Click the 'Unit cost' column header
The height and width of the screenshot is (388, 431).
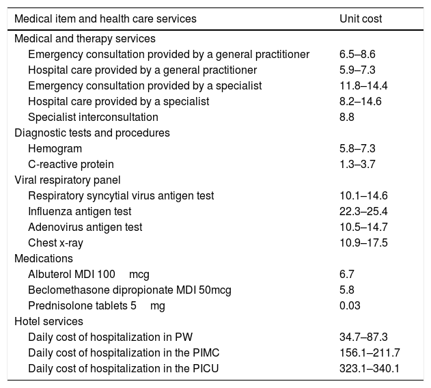[x=361, y=18]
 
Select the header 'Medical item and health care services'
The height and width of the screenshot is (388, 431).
[x=105, y=18]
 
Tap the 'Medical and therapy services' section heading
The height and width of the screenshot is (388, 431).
[x=85, y=39]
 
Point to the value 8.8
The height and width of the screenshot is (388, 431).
[x=346, y=117]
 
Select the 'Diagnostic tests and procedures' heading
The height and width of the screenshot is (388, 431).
[x=92, y=133]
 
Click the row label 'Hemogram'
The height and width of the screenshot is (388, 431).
[x=55, y=148]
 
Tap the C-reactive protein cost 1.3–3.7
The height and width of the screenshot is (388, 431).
[x=357, y=164]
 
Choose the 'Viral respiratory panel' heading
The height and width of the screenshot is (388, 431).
[x=68, y=180]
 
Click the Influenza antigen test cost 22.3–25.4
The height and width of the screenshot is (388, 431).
[x=363, y=211]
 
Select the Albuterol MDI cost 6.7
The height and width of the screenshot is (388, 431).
[x=346, y=274]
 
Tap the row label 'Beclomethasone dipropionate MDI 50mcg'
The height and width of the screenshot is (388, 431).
[x=130, y=290]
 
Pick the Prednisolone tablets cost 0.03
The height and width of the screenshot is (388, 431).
[x=349, y=305]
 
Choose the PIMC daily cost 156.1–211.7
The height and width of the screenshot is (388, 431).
[x=368, y=352]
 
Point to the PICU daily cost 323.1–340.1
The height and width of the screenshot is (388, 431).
[x=368, y=368]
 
